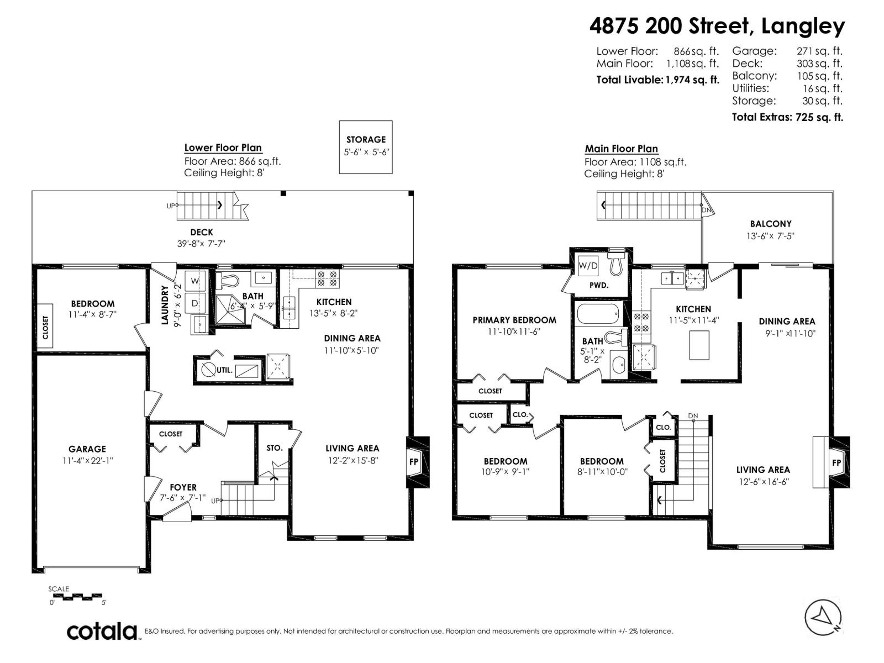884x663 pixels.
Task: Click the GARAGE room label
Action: (87, 449)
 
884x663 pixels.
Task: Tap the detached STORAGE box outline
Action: (366, 147)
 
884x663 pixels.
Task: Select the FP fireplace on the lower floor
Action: (414, 461)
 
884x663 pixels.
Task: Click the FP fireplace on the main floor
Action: (836, 462)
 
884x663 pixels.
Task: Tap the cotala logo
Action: (103, 631)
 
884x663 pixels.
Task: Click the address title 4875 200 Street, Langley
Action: (717, 25)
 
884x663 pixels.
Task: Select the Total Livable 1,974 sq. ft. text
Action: (657, 80)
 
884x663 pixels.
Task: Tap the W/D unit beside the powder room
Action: (588, 266)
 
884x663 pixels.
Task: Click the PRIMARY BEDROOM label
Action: (514, 320)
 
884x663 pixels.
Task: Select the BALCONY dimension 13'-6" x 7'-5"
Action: (770, 236)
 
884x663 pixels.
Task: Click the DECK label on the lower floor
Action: (202, 233)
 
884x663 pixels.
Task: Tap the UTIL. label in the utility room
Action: (224, 370)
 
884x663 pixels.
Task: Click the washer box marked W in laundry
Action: (195, 281)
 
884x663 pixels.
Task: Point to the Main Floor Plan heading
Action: (621, 149)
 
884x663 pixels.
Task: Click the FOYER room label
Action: (183, 487)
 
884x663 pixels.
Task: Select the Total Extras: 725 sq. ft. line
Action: (787, 117)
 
